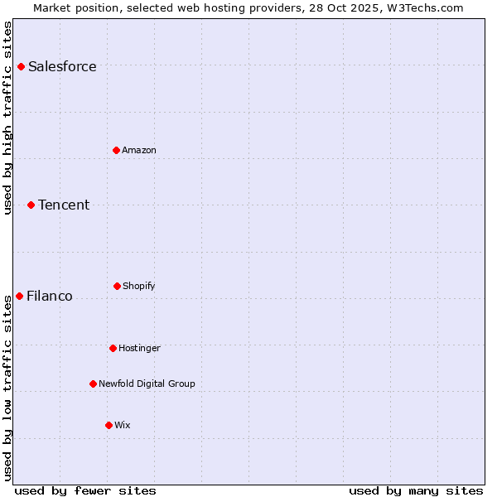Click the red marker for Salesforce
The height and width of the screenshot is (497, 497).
pos(21,66)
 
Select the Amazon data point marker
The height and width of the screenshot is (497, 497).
pos(116,150)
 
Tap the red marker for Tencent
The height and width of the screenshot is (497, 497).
pos(31,205)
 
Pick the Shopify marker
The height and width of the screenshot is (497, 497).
pos(117,286)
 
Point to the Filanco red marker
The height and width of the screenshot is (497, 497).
pos(19,296)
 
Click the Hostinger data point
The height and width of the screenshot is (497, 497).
pos(113,348)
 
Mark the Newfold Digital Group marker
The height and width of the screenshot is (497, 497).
pos(93,384)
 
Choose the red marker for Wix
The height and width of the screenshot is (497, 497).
pos(109,425)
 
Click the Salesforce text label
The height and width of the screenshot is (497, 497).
pos(62,66)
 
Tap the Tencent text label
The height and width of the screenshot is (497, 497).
pos(64,205)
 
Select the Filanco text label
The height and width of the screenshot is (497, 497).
pos(50,296)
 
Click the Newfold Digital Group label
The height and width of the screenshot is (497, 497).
pos(147,384)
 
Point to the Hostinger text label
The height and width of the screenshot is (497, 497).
pos(139,348)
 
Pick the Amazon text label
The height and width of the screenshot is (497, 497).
pos(139,150)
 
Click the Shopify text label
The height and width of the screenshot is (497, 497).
pos(138,286)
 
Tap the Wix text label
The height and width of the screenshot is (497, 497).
pos(123,425)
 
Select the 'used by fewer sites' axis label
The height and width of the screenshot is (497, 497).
pos(84,490)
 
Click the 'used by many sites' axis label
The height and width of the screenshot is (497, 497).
pos(416,490)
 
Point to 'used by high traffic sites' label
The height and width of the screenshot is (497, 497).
pos(7,118)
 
